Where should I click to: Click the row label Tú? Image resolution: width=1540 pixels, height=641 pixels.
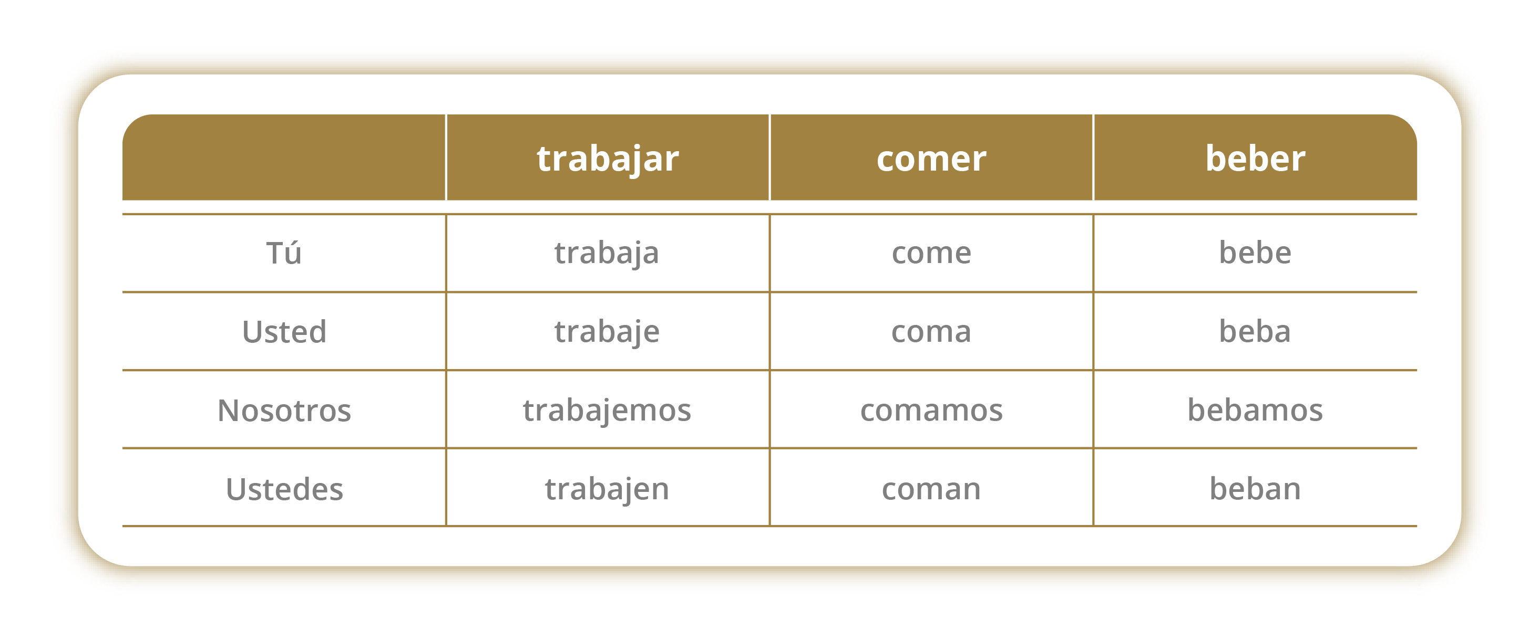pyautogui.click(x=284, y=252)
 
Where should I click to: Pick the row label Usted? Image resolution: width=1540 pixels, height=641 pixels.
pyautogui.click(x=284, y=331)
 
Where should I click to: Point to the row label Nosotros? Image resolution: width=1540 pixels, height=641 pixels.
pyautogui.click(x=284, y=410)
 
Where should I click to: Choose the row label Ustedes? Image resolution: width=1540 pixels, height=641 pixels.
pyautogui.click(x=284, y=489)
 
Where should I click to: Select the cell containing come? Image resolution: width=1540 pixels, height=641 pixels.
pyautogui.click(x=931, y=253)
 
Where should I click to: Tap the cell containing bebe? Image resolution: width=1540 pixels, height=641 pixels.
pyautogui.click(x=1255, y=252)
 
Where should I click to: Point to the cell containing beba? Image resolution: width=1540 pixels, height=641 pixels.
pyautogui.click(x=1255, y=331)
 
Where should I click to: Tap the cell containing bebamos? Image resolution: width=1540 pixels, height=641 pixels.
pyautogui.click(x=1255, y=410)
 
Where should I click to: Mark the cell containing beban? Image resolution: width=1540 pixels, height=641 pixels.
pyautogui.click(x=1255, y=489)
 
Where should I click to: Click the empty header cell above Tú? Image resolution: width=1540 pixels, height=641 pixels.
pyautogui.click(x=284, y=157)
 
